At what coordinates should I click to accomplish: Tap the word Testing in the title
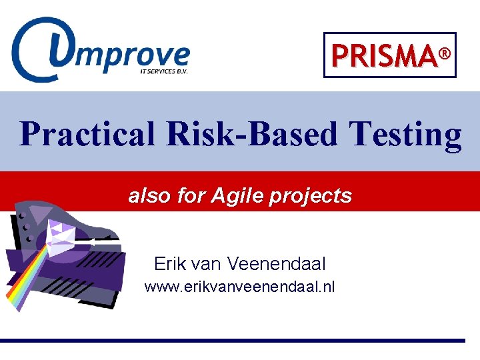click(404, 134)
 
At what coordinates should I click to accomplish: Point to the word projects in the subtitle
click(309, 195)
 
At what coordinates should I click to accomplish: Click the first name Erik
click(170, 264)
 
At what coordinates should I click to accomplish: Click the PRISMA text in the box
click(383, 56)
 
